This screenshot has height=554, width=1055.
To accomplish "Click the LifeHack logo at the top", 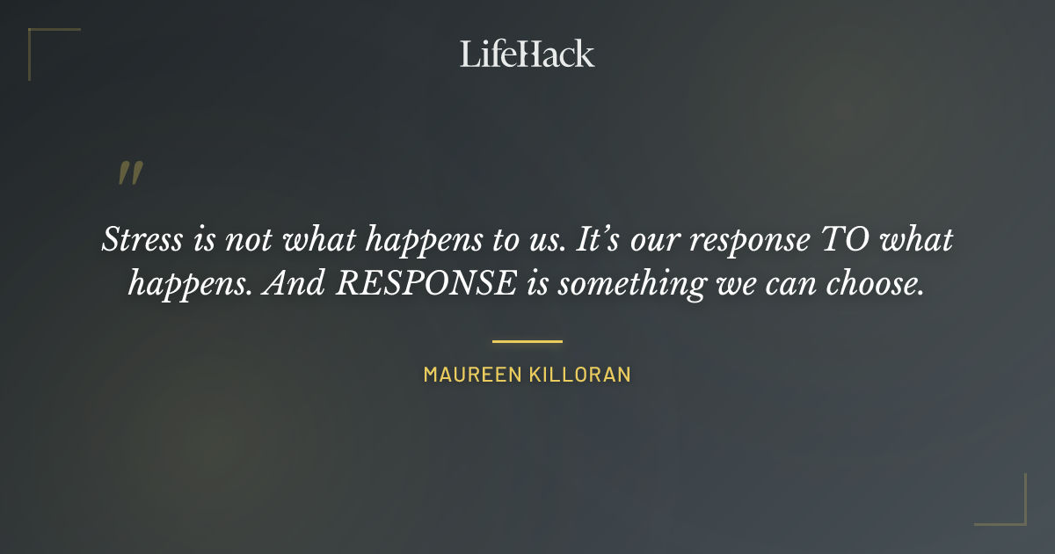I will [527, 54].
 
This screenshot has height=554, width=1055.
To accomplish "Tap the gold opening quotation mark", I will [130, 173].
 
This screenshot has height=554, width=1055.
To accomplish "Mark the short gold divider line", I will [527, 341].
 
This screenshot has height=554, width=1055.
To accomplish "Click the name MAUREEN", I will [472, 375].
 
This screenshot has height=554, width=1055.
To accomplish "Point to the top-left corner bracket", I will [40, 40].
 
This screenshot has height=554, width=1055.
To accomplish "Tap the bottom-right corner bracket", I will [1015, 514].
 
